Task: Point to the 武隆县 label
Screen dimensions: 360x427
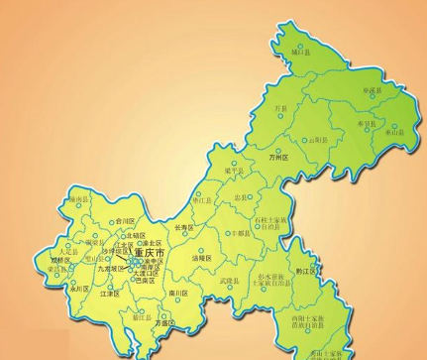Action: [x=229, y=281]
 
